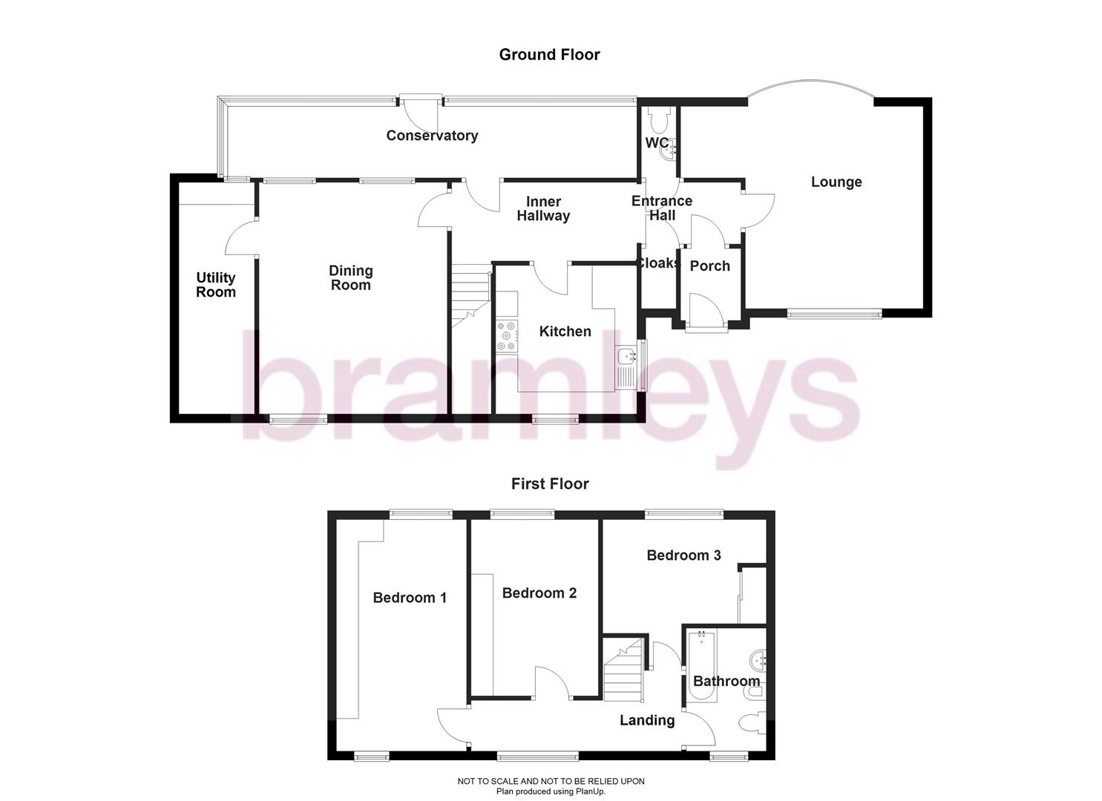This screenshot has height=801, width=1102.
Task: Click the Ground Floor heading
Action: tap(549, 54)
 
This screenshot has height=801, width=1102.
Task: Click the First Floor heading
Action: tap(550, 484)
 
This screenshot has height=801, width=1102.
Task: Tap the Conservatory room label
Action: tap(432, 135)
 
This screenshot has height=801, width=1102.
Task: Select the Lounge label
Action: tap(836, 182)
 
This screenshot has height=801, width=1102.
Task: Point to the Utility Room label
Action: tap(216, 285)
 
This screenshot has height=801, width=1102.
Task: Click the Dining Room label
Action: tap(351, 278)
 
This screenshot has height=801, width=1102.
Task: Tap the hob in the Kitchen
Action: tap(507, 335)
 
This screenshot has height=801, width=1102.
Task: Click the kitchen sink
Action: tap(626, 357)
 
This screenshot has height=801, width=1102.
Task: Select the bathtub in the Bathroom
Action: tap(701, 666)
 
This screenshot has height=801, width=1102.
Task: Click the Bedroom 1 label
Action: tap(410, 598)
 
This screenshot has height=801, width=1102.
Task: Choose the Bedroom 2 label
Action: tap(539, 593)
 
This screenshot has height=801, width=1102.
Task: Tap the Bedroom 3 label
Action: tap(683, 555)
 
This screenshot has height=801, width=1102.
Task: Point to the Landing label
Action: tap(647, 720)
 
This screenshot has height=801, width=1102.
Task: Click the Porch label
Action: tap(710, 266)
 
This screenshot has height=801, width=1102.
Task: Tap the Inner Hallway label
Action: tap(543, 209)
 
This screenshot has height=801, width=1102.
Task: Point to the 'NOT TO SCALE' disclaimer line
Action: tap(551, 781)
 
